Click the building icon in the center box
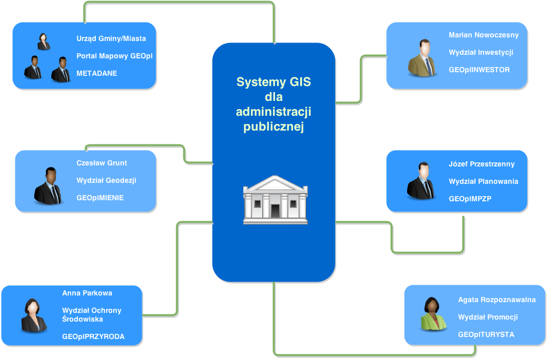coord(275,200)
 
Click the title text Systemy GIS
coord(273,82)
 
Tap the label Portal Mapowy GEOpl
coord(114,56)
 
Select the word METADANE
coord(97,73)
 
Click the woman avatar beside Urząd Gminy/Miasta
coord(44,41)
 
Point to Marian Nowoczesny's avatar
coord(423,58)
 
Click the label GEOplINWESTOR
coord(479,70)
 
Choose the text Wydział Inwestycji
coord(481,53)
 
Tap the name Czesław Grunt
coord(101,163)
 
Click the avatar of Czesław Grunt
coord(48,185)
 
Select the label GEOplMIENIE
coord(100,198)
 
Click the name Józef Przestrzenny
coord(481,164)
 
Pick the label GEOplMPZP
coord(470,199)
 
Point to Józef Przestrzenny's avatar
coord(422,181)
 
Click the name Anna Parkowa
coord(87,293)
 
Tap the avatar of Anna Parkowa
coord(34,315)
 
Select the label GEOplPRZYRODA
coord(93,336)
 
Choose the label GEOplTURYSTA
coord(486,334)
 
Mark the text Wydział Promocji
coord(488,317)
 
